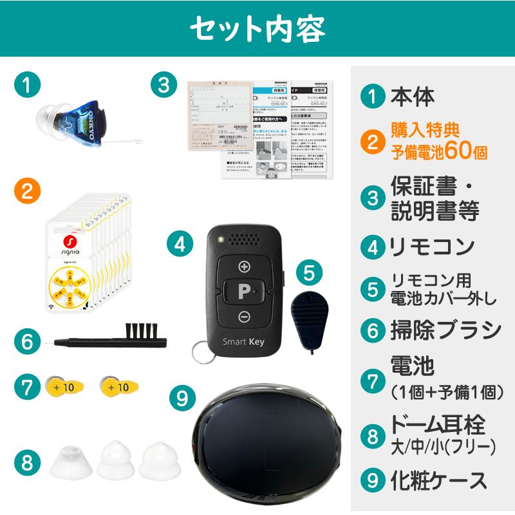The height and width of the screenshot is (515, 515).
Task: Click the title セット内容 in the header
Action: pyautogui.click(x=257, y=28)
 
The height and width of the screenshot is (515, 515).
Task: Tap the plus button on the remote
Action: pyautogui.click(x=244, y=267)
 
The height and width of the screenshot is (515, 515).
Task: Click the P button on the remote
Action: pyautogui.click(x=244, y=292)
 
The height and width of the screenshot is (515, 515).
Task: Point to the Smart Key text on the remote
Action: pyautogui.click(x=243, y=342)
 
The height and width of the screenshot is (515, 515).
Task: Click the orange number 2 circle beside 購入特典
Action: pyautogui.click(x=371, y=142)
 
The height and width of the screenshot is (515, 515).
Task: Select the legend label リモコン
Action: pyautogui.click(x=432, y=246)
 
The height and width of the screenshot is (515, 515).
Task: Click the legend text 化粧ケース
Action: pyautogui.click(x=439, y=480)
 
